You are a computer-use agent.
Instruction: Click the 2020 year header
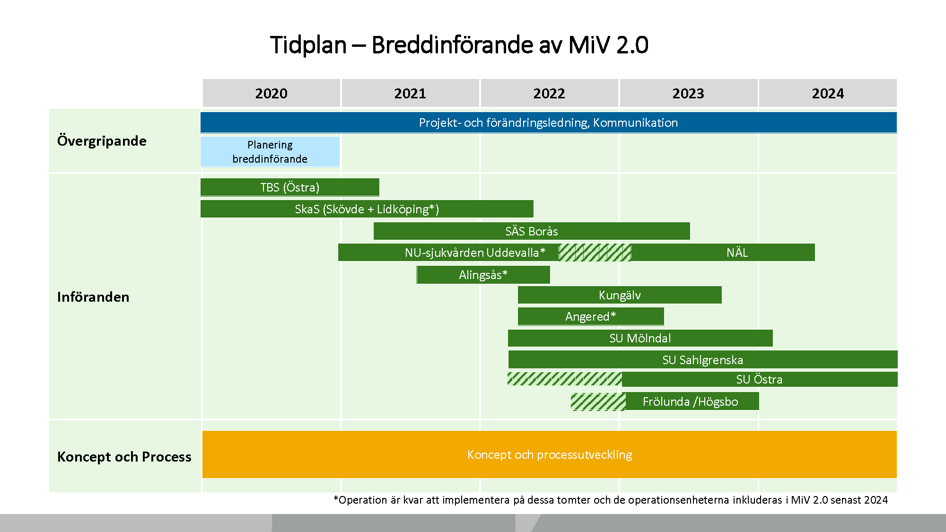271,93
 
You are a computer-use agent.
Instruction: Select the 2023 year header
688,93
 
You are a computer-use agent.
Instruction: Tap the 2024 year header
828,93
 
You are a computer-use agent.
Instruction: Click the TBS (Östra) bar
289,187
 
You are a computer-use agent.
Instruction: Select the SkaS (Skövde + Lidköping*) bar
367,209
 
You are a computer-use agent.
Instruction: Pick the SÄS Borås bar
531,231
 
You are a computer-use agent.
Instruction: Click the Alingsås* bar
483,275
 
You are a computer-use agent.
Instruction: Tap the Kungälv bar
620,295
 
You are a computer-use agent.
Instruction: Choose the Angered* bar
590,316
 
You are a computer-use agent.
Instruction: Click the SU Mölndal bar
640,338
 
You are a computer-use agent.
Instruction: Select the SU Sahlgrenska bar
702,360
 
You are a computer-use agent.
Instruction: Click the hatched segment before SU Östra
564,379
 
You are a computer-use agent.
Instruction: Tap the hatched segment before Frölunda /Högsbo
598,401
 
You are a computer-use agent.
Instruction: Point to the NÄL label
737,253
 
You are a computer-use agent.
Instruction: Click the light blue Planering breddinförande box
270,152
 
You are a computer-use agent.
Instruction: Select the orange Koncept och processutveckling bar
549,454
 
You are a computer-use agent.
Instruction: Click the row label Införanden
93,297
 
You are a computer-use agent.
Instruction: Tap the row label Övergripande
102,141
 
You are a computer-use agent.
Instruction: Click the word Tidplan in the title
308,45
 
